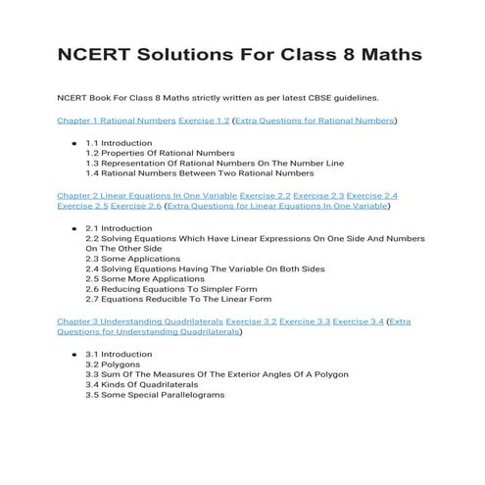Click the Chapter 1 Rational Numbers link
(x=117, y=121)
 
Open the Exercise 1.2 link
(x=204, y=121)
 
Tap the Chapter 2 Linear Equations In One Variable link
(x=146, y=196)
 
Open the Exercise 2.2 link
(x=265, y=196)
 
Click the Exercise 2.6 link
(x=136, y=207)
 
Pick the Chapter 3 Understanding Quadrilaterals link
(x=139, y=321)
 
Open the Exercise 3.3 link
(x=302, y=321)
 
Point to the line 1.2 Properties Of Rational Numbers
(x=160, y=153)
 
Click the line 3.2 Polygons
(x=113, y=364)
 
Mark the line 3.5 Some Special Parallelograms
(x=155, y=395)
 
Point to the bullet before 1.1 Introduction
(x=74, y=143)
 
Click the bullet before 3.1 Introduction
(x=74, y=354)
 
